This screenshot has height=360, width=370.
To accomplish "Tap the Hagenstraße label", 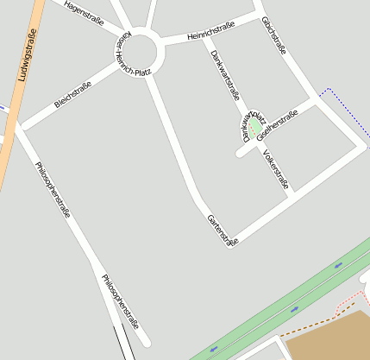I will [82, 17].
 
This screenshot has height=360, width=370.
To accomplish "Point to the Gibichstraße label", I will [273, 35].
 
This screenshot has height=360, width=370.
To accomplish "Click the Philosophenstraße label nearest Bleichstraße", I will [53, 188].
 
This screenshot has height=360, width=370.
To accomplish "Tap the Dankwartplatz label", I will [254, 125].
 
